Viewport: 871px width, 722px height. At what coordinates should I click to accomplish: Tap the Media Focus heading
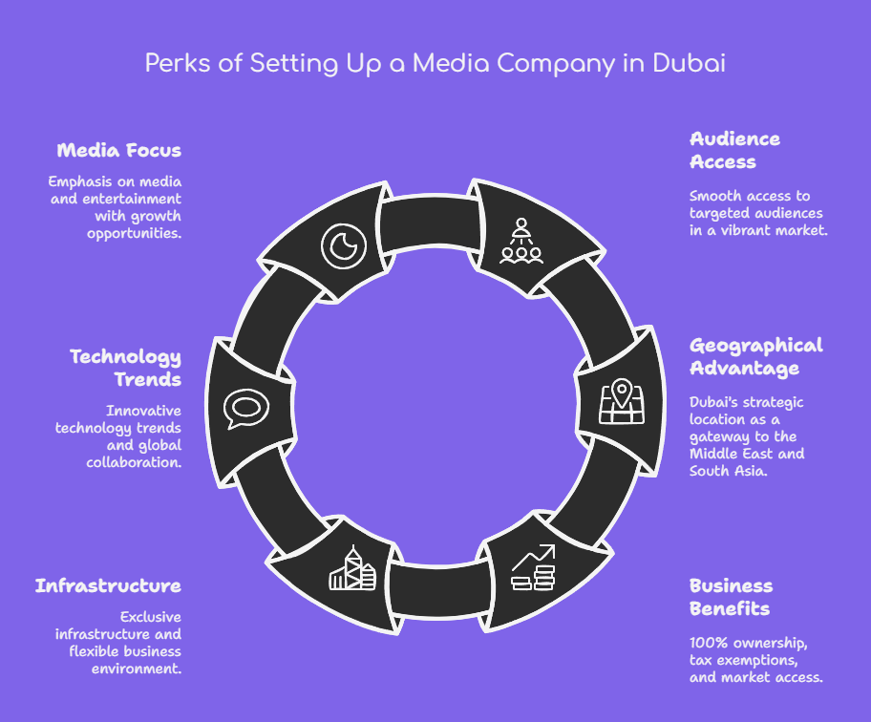pyautogui.click(x=118, y=150)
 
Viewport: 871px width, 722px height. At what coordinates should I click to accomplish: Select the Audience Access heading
pyautogui.click(x=734, y=150)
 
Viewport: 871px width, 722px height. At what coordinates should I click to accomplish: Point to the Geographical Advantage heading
pyautogui.click(x=755, y=356)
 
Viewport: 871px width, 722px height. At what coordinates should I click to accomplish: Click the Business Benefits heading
pyautogui.click(x=732, y=597)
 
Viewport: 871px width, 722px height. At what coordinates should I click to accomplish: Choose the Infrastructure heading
pyautogui.click(x=108, y=585)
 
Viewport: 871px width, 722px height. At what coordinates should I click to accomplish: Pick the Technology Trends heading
pyautogui.click(x=125, y=368)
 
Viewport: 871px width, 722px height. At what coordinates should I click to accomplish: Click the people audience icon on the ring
pyautogui.click(x=521, y=242)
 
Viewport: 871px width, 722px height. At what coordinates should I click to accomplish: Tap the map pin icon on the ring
pyautogui.click(x=621, y=402)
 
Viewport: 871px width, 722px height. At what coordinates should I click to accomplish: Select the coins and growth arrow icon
pyautogui.click(x=532, y=568)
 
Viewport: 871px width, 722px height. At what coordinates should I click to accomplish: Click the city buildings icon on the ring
pyautogui.click(x=351, y=568)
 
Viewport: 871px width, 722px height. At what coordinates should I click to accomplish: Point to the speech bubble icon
pyautogui.click(x=245, y=408)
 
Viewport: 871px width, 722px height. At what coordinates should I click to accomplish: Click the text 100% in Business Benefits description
pyautogui.click(x=709, y=642)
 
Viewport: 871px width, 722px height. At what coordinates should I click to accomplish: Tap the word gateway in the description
pyautogui.click(x=718, y=436)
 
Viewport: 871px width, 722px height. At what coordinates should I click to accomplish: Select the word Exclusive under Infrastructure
pyautogui.click(x=150, y=617)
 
